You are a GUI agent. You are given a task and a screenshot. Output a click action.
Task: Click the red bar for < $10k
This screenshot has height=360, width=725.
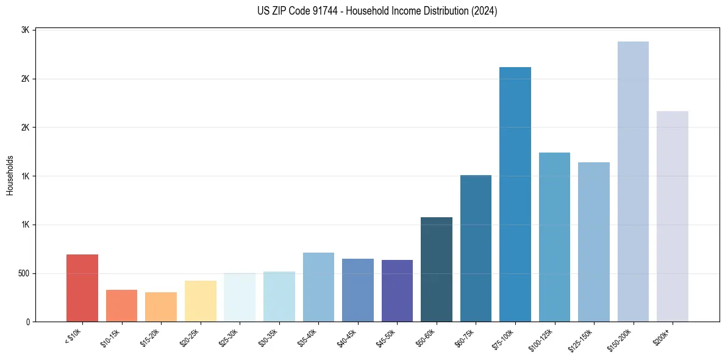tap(82, 288)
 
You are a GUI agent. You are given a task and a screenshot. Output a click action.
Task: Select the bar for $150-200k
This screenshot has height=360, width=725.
tap(633, 182)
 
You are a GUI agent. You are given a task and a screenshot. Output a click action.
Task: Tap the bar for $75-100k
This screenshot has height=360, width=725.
tap(515, 194)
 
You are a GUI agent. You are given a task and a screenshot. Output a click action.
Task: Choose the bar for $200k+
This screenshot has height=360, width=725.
tap(672, 217)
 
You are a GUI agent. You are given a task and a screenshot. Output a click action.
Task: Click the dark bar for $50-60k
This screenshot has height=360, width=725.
tap(436, 270)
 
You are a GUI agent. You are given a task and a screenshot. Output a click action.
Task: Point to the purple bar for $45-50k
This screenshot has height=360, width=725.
tap(397, 291)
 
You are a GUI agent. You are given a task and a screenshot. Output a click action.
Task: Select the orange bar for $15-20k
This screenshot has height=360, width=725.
tap(161, 307)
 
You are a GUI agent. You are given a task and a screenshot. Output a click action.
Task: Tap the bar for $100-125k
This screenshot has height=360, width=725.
tap(554, 237)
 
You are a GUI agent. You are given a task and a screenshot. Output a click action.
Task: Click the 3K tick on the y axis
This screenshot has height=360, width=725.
tap(26, 30)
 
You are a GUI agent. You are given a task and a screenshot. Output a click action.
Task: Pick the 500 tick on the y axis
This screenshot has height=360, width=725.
tap(24, 273)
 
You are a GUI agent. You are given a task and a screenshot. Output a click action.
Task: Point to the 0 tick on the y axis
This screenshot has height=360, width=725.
tap(28, 322)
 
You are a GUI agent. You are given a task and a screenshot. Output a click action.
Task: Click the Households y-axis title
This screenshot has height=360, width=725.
tap(10, 175)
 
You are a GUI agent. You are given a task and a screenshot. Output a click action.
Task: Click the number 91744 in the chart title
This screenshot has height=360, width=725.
tap(322, 11)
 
